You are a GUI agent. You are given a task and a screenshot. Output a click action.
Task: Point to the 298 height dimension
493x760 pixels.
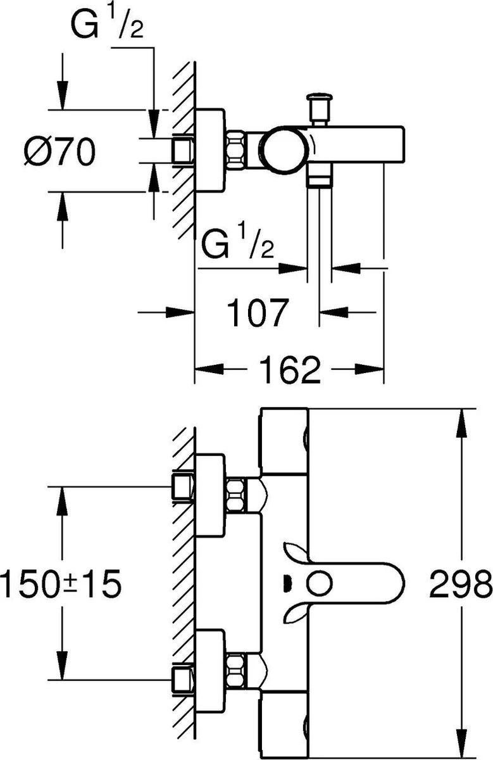coord(460,583)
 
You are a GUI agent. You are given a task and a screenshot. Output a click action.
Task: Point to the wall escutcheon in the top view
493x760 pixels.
coord(209,151)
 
